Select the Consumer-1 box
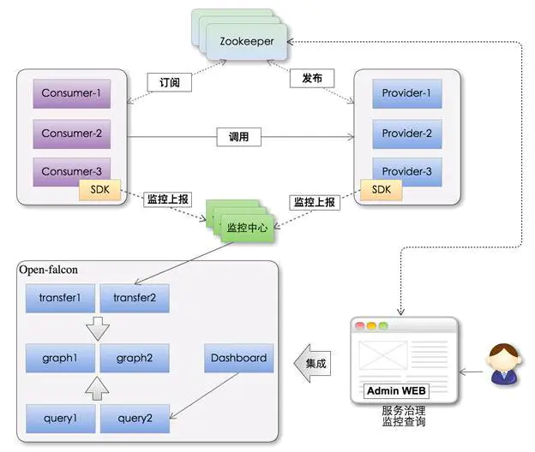coord(72,93)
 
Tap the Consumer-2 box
coord(72,133)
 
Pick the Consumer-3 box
coord(72,170)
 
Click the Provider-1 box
coord(406,93)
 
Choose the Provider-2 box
coord(406,133)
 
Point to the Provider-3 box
coord(406,170)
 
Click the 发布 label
coord(311,79)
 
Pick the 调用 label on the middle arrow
coord(238,135)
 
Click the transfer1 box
coord(60,298)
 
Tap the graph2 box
coord(135,358)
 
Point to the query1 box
coord(60,418)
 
